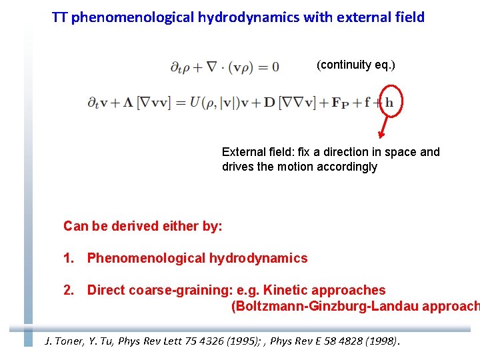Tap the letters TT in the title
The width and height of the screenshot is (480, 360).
click(59, 17)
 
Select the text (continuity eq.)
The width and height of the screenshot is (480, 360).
click(356, 65)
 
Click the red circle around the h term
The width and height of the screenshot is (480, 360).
click(389, 102)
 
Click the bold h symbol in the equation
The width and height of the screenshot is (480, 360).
click(389, 103)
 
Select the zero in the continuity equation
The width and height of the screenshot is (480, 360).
click(275, 67)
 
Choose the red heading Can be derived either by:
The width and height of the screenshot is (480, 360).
click(143, 226)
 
